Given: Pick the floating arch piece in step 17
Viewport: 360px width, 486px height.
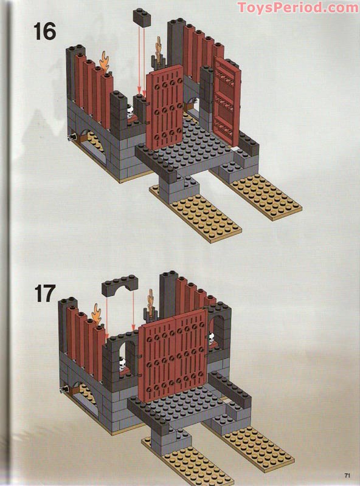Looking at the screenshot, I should pos(120,285).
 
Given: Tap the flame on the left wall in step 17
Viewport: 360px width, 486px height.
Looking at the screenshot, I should pos(97,316).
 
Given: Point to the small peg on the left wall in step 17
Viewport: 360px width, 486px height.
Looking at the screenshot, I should pos(64,388).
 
